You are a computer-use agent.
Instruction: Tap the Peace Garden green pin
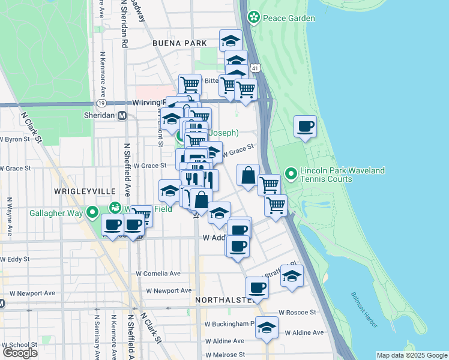[255, 17]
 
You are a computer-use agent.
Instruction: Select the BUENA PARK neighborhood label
[179, 43]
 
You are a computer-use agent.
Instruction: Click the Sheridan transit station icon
[122, 116]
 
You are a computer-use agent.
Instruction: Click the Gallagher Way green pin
[93, 212]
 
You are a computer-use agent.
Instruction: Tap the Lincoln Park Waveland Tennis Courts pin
[292, 174]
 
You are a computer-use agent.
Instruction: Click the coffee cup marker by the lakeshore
[306, 127]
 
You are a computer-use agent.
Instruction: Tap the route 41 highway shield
[256, 69]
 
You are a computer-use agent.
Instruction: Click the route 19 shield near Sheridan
[103, 103]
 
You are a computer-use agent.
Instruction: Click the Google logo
[20, 352]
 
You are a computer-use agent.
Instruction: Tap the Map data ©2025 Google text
[411, 355]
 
